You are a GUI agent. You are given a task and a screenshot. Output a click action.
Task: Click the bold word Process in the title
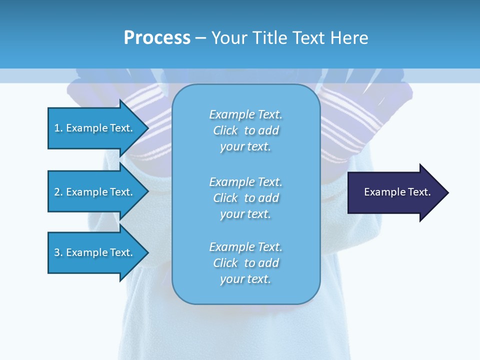[157, 38]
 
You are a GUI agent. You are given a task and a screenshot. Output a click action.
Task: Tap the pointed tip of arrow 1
[147, 128]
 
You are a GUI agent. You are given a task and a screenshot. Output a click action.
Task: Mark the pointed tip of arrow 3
[147, 252]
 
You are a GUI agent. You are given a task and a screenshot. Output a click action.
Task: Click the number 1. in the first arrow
[58, 128]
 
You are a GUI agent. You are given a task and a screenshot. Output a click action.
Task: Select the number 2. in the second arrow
[58, 192]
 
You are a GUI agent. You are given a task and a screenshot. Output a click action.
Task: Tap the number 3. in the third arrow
[58, 252]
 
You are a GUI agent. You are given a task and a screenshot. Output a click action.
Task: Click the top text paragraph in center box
[245, 130]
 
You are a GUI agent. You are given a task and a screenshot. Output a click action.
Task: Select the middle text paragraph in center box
[245, 198]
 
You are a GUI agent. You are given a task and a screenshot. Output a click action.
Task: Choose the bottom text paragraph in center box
[245, 263]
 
